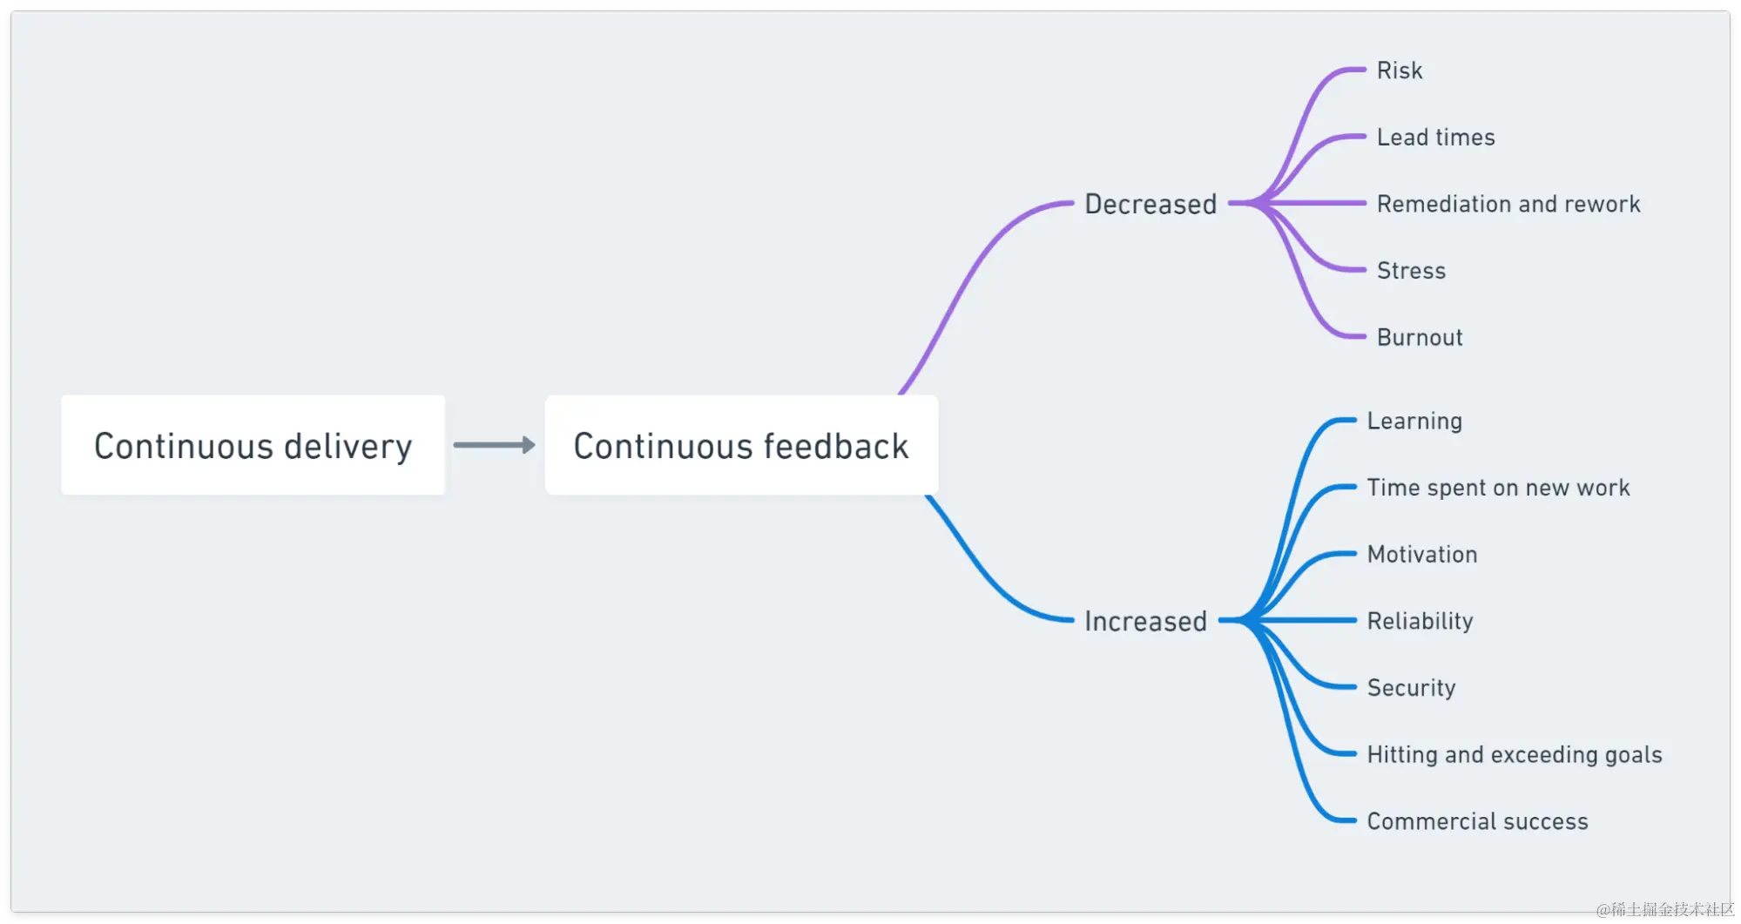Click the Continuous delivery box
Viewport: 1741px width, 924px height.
(253, 445)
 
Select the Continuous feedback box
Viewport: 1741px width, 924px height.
(741, 445)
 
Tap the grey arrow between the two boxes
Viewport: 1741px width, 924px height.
(494, 445)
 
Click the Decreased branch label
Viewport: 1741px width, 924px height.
(1151, 204)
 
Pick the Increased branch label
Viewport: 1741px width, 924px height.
(1145, 621)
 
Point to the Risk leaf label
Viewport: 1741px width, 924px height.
(1399, 71)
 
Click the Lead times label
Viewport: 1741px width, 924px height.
(1435, 138)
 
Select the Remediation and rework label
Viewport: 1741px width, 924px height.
(1508, 204)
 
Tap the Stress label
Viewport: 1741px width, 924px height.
(1411, 271)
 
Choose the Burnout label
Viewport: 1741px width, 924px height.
(1420, 337)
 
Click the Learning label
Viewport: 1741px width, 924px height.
(1414, 421)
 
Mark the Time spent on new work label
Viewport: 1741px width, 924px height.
(1498, 488)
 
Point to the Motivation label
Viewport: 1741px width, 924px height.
(1422, 554)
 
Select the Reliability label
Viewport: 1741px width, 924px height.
(1420, 621)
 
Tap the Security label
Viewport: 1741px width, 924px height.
(1411, 688)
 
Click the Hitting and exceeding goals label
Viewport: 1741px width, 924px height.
(1515, 754)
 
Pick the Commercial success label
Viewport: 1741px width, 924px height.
(1477, 821)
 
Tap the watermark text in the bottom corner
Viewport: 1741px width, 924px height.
(1663, 908)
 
